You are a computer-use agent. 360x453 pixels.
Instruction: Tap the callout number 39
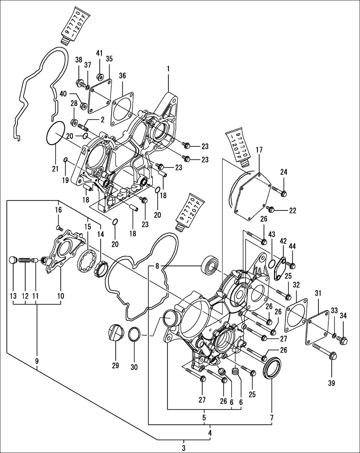pos(331,383)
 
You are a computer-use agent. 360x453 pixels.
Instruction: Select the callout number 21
pos(55,169)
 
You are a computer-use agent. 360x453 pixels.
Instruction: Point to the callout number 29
pos(115,366)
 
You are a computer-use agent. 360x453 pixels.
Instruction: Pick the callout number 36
pos(122,75)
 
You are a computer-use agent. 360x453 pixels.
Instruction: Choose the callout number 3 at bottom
pos(184,447)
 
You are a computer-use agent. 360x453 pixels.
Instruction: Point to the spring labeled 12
pos(24,260)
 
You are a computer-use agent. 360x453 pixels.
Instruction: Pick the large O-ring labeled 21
pos(56,133)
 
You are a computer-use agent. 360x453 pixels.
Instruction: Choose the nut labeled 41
pos(100,75)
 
